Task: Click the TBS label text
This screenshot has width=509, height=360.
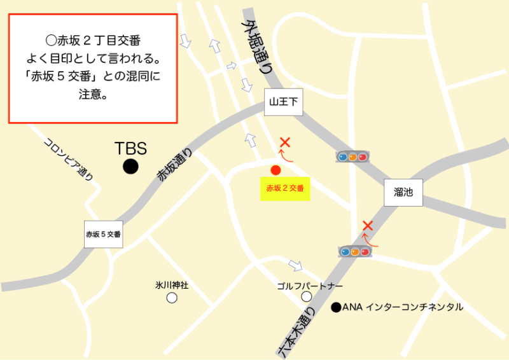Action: tap(130, 148)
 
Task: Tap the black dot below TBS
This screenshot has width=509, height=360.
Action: tap(130, 167)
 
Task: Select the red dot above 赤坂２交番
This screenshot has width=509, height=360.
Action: tap(275, 170)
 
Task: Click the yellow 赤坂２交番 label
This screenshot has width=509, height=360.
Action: tap(285, 188)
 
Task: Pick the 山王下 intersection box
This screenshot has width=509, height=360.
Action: tap(283, 101)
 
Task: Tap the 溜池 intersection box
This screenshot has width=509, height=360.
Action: tap(403, 192)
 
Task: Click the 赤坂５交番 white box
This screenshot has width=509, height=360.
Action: tap(103, 234)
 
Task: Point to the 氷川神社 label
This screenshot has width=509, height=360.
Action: tap(172, 285)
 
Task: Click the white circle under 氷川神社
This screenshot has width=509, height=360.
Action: tap(172, 297)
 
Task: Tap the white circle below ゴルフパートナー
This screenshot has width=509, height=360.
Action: tap(307, 296)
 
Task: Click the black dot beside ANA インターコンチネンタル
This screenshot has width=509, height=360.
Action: tap(335, 308)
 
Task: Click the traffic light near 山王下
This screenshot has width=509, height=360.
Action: tap(352, 156)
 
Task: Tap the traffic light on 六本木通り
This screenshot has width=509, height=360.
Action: tap(355, 252)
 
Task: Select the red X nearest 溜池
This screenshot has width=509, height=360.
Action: tap(367, 225)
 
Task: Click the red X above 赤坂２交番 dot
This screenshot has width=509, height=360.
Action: tap(285, 142)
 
